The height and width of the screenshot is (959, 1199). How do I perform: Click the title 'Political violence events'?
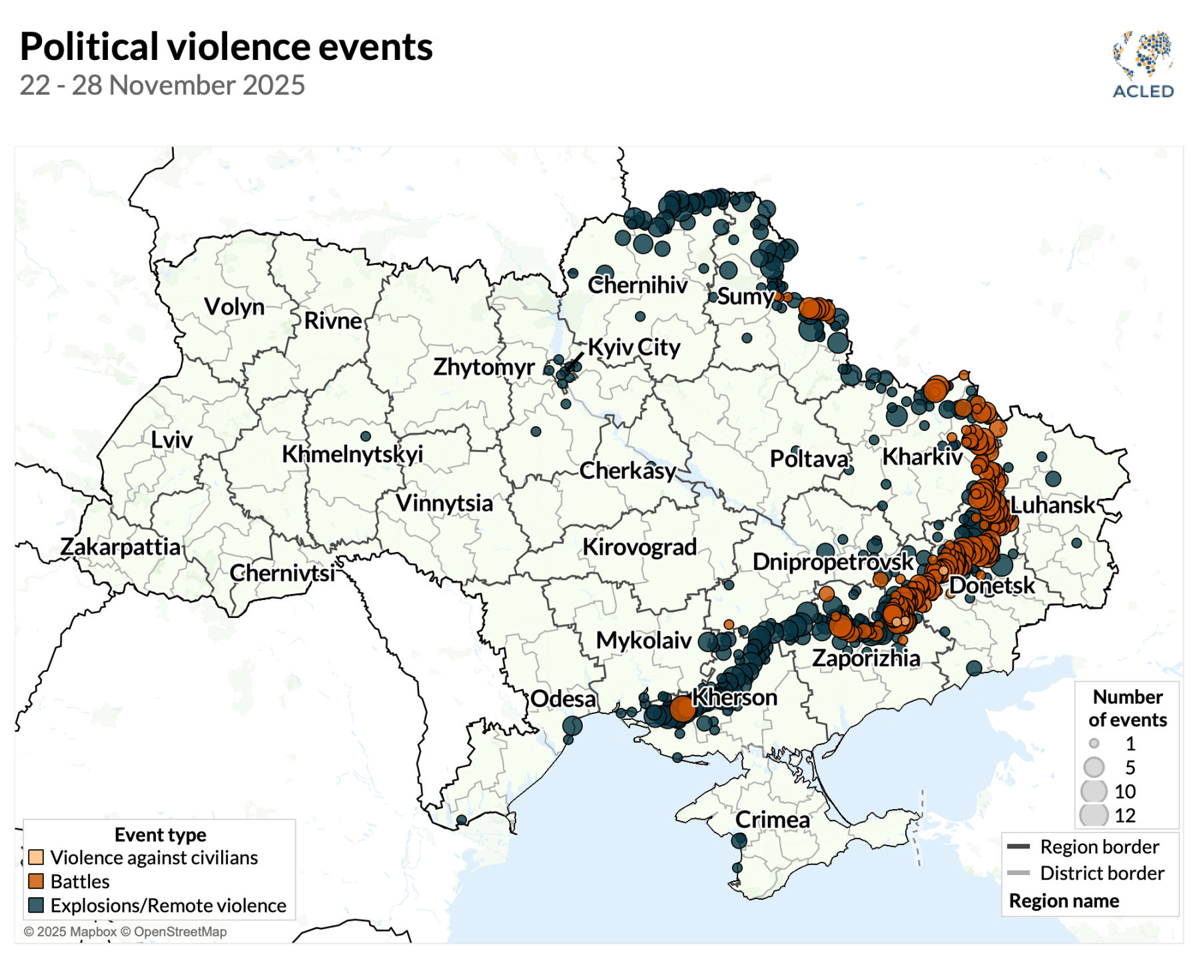[226, 47]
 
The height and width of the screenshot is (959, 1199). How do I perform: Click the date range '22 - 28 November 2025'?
[162, 85]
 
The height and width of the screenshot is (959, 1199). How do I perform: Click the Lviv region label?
[171, 440]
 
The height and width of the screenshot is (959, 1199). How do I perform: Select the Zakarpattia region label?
[121, 547]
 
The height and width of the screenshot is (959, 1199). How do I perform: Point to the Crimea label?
[772, 819]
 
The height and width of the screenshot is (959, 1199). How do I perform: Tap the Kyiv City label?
[634, 347]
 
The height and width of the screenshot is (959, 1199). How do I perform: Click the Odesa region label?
[563, 699]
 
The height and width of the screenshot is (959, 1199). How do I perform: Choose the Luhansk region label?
[1052, 505]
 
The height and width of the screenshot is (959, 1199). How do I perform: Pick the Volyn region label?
[234, 306]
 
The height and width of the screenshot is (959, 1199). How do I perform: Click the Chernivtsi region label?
[282, 573]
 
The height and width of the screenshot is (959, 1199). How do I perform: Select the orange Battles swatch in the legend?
[36, 881]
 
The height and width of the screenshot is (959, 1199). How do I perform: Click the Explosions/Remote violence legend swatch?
[36, 905]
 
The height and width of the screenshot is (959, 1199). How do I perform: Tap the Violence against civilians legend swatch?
[36, 857]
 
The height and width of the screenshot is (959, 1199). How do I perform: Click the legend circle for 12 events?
[1094, 815]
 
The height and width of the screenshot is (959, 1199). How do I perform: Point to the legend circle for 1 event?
[1094, 743]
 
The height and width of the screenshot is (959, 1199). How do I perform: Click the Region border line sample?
[1018, 846]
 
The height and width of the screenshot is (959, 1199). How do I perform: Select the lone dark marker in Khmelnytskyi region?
[365, 436]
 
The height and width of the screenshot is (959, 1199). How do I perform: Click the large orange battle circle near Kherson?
[682, 709]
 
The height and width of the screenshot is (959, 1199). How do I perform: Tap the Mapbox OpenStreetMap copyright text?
[125, 932]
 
